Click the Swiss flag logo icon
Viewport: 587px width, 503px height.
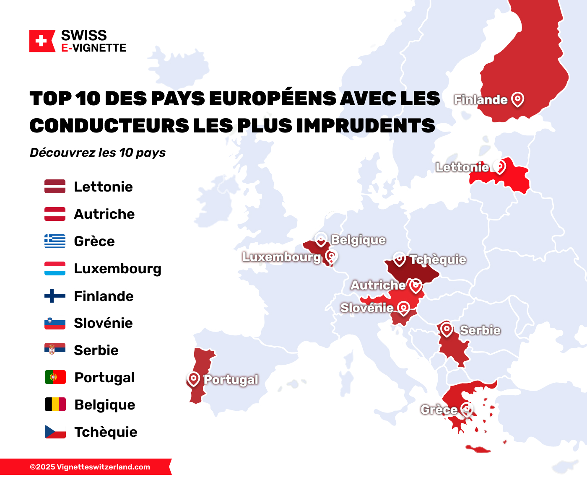pos(42,41)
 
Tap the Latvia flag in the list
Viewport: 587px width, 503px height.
pos(55,187)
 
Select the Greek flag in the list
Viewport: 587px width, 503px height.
pos(55,241)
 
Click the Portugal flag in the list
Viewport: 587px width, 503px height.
pos(55,377)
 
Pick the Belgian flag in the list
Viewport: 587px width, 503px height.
pos(55,404)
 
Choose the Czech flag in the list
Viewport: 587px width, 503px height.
pos(55,432)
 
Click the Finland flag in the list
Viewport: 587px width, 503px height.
pos(55,296)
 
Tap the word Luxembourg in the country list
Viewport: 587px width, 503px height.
pos(117,269)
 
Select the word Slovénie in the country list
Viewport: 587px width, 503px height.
pos(103,323)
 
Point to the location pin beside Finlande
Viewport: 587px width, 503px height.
pos(518,99)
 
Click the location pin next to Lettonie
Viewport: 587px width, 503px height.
pos(499,166)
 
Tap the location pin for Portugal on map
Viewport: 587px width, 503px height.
pos(193,379)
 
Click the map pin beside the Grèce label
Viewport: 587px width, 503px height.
pos(466,409)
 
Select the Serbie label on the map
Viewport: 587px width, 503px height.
pos(480,330)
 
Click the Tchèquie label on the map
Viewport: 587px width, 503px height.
pos(437,259)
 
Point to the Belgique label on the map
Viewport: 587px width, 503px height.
pos(358,240)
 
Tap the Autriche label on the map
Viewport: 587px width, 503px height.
pos(378,285)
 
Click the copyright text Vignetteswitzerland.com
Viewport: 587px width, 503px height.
pos(90,467)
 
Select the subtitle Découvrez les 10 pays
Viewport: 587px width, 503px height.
pos(98,153)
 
